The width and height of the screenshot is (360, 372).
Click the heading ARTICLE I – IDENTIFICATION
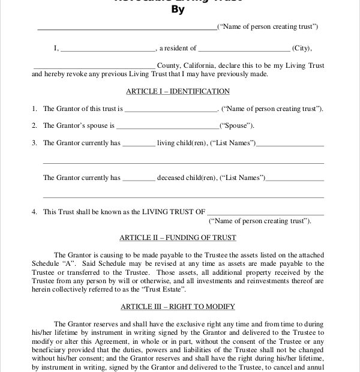178,91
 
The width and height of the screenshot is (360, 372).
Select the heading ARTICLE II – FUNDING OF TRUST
178,238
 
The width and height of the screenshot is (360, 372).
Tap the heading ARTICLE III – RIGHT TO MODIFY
178,307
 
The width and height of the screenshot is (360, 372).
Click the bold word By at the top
178,10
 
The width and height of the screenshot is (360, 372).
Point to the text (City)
302,48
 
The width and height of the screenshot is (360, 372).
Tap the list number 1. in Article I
35,109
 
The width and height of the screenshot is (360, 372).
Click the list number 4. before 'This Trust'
35,212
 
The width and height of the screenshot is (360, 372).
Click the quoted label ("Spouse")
236,125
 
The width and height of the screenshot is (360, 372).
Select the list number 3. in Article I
35,143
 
